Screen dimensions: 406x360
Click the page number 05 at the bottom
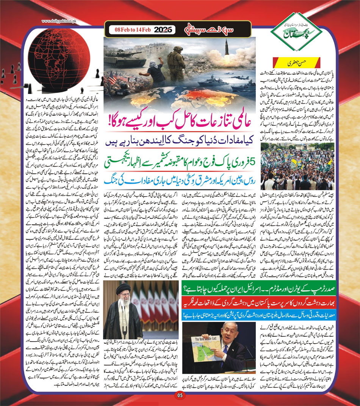[x=179, y=396]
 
